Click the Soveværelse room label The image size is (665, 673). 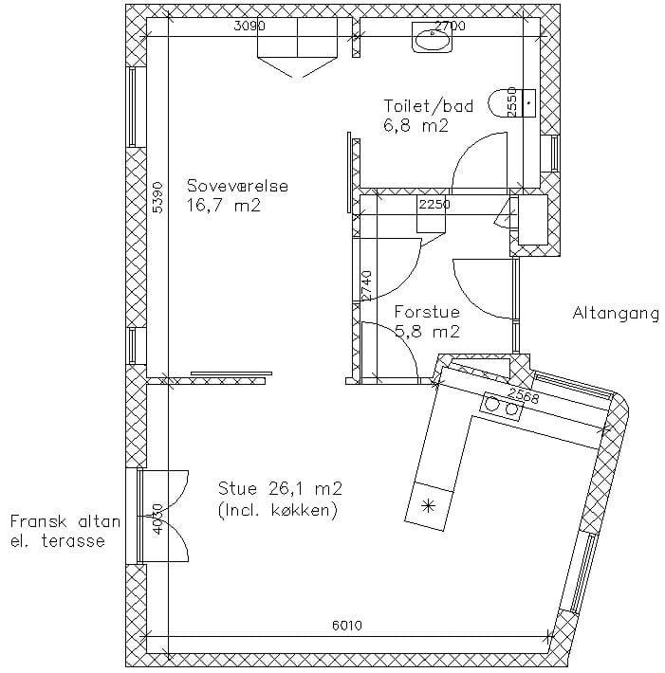click(x=237, y=186)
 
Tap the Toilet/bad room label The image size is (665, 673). click(x=428, y=106)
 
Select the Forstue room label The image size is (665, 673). click(x=427, y=312)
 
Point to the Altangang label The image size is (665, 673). click(x=616, y=314)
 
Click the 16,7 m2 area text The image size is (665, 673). click(x=223, y=206)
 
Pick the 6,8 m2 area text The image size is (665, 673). click(x=416, y=126)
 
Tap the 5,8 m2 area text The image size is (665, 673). click(x=427, y=332)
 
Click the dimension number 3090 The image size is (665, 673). click(x=249, y=27)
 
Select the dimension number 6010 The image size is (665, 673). click(x=347, y=626)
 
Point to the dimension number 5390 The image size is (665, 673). click(x=158, y=197)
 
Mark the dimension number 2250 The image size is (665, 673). click(x=434, y=205)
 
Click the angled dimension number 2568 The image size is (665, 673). click(x=523, y=395)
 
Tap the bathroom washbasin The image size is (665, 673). click(x=433, y=37)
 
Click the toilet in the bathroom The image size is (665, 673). click(x=512, y=103)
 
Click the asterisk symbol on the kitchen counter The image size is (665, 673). click(x=428, y=506)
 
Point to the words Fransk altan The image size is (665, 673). click(x=65, y=522)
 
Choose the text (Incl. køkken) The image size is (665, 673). click(x=278, y=510)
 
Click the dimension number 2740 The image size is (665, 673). click(x=366, y=286)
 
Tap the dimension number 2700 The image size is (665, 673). click(x=450, y=27)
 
